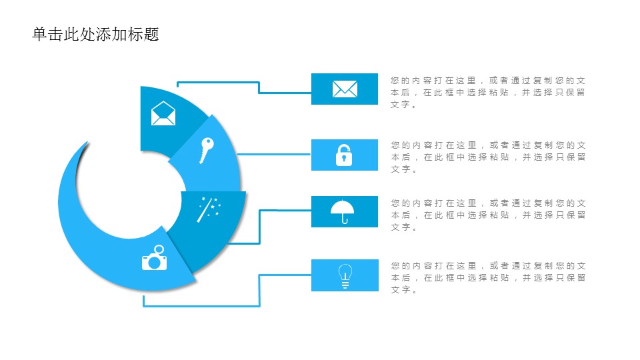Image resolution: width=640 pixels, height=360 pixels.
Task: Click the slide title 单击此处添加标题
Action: (x=95, y=34)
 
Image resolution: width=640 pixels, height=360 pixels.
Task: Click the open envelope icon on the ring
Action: (x=163, y=113)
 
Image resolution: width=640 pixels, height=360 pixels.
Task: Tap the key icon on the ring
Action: (x=207, y=150)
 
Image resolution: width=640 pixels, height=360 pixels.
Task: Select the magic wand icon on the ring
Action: (x=209, y=209)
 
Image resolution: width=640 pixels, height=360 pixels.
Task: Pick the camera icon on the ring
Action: (x=154, y=257)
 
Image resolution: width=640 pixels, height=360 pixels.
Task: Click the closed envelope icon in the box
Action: (x=345, y=89)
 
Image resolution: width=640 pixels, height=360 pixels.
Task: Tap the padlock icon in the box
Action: (x=344, y=155)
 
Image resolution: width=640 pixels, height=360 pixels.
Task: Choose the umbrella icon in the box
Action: (x=343, y=211)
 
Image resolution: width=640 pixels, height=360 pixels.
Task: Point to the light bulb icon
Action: (x=345, y=276)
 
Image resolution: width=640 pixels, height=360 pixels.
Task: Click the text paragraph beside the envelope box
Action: (x=488, y=92)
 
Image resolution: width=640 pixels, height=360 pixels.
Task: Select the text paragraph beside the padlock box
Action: (x=488, y=157)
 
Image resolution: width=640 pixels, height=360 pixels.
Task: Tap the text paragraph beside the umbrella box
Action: (x=488, y=215)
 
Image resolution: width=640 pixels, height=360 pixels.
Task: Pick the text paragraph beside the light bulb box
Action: (x=488, y=277)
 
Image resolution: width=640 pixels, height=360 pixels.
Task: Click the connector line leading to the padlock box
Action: (x=274, y=154)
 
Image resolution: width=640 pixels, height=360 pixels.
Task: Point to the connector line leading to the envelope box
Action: (x=259, y=87)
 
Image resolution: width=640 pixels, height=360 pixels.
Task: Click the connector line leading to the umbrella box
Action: (x=259, y=227)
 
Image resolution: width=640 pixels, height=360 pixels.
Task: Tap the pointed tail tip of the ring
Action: (x=87, y=142)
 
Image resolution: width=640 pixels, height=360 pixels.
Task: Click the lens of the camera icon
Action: (x=154, y=263)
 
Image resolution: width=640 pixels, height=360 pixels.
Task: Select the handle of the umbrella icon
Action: (x=345, y=219)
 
